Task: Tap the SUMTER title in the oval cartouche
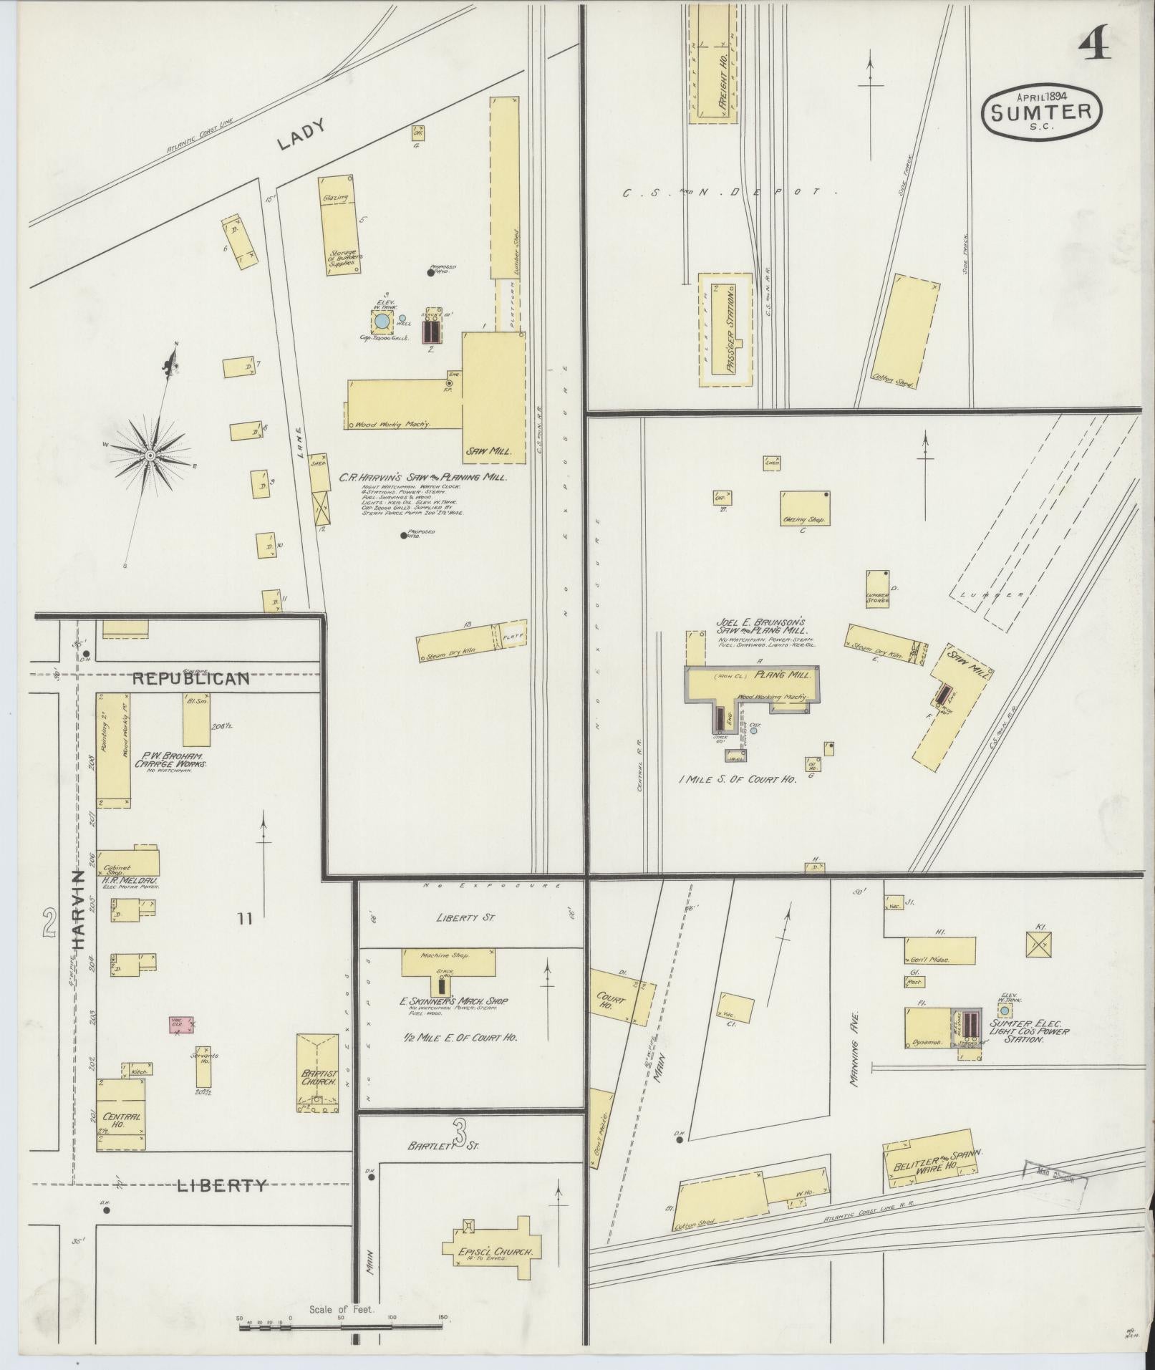[x=1042, y=112]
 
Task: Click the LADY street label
[x=301, y=134]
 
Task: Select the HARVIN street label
[x=78, y=909]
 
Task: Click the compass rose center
[x=150, y=455]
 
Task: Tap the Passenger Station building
[x=726, y=329]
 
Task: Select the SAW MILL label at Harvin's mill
[x=483, y=450]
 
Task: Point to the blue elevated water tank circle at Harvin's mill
[x=383, y=322]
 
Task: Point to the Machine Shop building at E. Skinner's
[x=448, y=962]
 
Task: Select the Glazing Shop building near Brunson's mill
[x=804, y=508]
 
